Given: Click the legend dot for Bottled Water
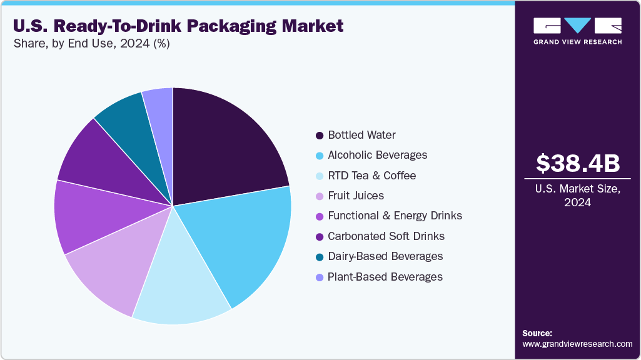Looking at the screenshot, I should pyautogui.click(x=320, y=135).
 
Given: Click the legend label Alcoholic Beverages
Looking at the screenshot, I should pyautogui.click(x=377, y=155).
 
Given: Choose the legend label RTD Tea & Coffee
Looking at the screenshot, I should pyautogui.click(x=371, y=176).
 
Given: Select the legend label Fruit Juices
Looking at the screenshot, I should pyautogui.click(x=355, y=196).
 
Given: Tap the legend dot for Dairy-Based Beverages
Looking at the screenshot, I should pyautogui.click(x=320, y=257).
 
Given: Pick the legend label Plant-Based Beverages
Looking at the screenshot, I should pyautogui.click(x=385, y=277).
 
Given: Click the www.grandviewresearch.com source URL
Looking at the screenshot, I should pyautogui.click(x=577, y=344).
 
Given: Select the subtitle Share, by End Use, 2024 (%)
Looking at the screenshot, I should pyautogui.click(x=91, y=44).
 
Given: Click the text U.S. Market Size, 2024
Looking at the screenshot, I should pyautogui.click(x=578, y=196).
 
